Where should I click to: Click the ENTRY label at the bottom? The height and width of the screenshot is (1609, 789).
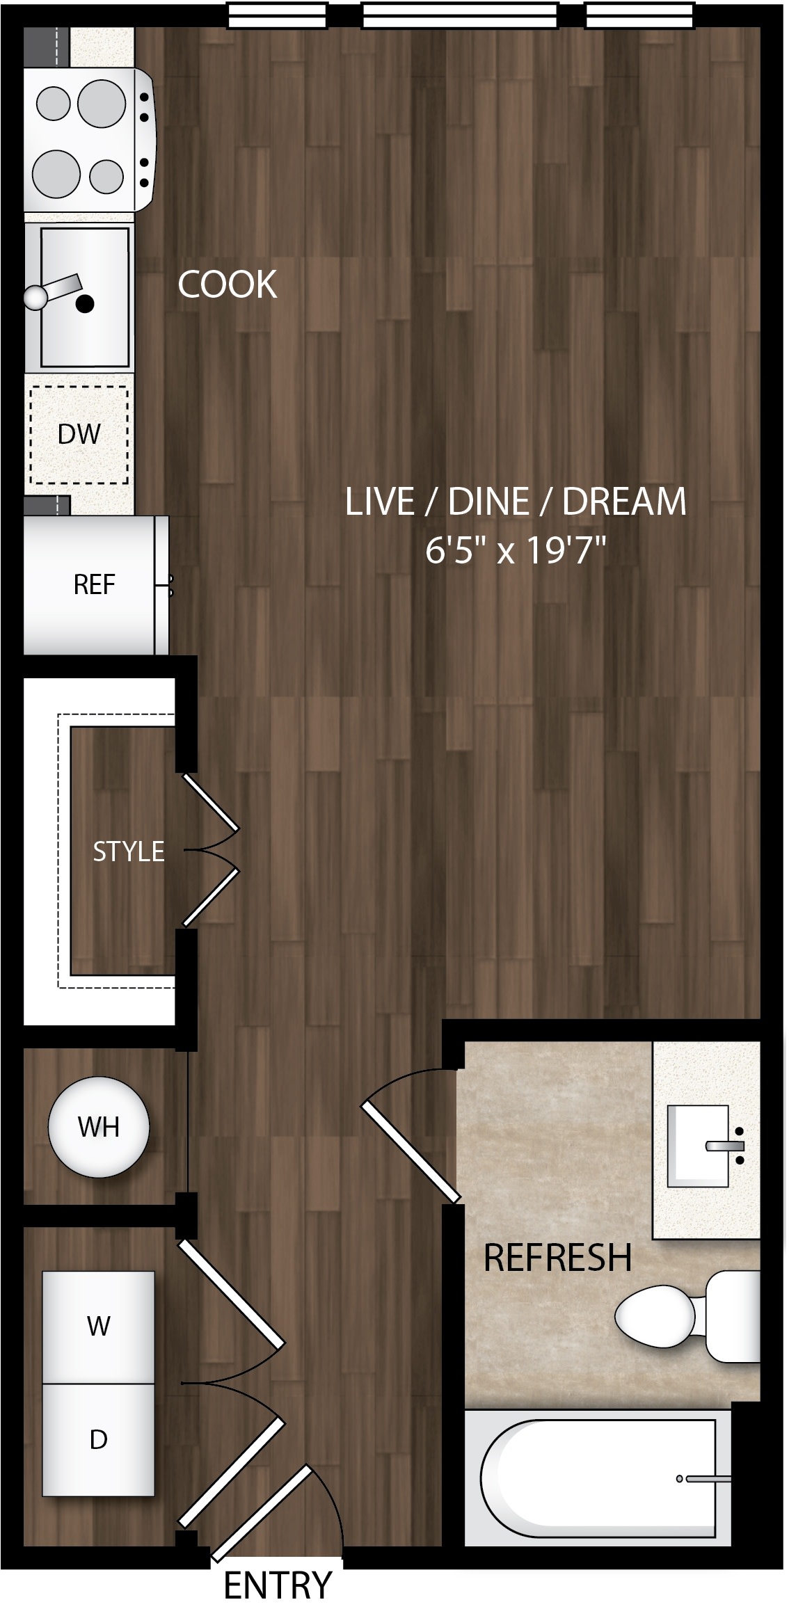coord(278,1585)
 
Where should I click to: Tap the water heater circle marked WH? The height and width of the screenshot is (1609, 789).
coord(99,1127)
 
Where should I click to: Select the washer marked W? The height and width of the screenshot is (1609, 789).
coord(98,1327)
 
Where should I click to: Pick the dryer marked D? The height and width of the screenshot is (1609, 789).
coord(98,1439)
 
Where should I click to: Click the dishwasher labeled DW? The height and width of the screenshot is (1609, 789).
coord(79,434)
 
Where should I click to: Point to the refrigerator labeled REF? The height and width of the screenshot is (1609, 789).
coord(96,585)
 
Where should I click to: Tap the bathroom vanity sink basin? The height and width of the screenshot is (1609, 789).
coord(698,1146)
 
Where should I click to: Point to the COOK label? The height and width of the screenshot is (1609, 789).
coord(228,285)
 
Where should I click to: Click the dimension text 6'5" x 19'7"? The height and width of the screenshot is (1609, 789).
coord(516,552)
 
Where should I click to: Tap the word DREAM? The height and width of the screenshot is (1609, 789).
coord(624,502)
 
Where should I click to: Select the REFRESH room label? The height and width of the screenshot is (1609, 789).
coord(557,1257)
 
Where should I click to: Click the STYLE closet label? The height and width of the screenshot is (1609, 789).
coord(129,851)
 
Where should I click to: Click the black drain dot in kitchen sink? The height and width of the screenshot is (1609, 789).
coord(85,303)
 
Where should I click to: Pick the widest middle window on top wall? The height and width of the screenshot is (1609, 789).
coord(460,15)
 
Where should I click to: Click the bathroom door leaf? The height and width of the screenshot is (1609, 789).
coord(411,1152)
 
